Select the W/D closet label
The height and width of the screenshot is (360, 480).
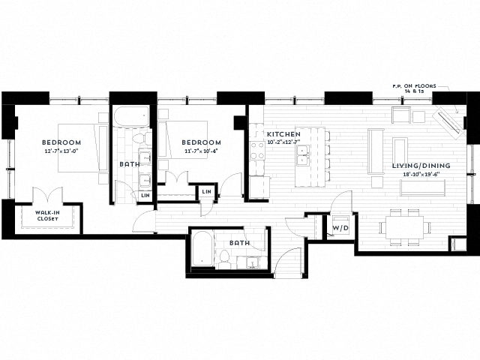pyautogui.click(x=340, y=226)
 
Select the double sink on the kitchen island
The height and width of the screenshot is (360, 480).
pyautogui.click(x=305, y=157)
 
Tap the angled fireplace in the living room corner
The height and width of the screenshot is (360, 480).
pyautogui.click(x=451, y=120)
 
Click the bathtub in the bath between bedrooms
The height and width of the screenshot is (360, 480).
pyautogui.click(x=132, y=117)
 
